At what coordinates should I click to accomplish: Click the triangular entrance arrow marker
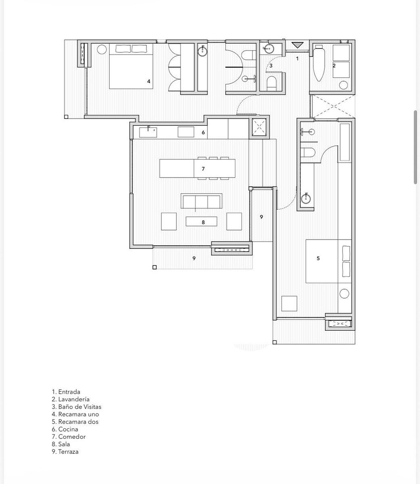[x=297, y=45]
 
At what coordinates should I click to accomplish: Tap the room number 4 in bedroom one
[x=148, y=81]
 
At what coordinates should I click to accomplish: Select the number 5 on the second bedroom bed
[x=318, y=258]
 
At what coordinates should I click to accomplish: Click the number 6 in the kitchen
[x=203, y=132]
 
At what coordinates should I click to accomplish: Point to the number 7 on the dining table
[x=203, y=169]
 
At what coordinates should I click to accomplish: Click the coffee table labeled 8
[x=201, y=221]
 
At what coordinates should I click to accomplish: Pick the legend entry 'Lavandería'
[x=71, y=399]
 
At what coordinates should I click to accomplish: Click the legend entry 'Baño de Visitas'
[x=77, y=407]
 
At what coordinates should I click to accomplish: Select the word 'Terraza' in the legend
[x=68, y=452]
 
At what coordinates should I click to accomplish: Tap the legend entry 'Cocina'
[x=65, y=429]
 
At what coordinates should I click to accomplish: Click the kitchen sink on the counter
[x=148, y=132]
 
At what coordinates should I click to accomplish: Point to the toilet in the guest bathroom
[x=272, y=83]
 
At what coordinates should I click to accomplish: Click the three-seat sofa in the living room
[x=201, y=201]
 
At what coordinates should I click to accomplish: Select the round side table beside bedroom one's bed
[x=102, y=49]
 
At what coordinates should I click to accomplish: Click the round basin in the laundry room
[x=343, y=85]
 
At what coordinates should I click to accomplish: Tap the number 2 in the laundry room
[x=334, y=65]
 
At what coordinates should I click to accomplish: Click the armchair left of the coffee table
[x=169, y=221]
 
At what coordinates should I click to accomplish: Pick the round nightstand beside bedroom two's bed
[x=344, y=294]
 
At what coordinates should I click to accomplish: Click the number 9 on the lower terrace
[x=194, y=258]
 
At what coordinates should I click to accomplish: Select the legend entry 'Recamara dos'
[x=75, y=421]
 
